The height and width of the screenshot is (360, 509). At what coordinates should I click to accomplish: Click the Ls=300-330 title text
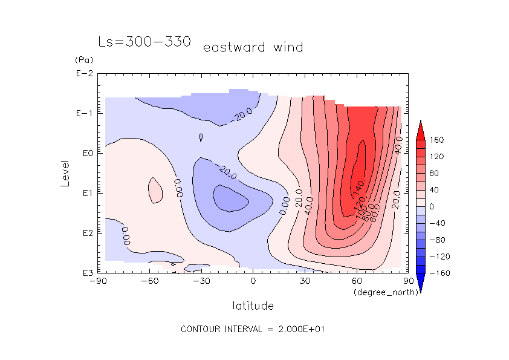click(x=144, y=42)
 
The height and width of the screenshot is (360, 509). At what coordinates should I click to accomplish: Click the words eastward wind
click(x=253, y=47)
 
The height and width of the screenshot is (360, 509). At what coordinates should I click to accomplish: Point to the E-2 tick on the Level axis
click(x=85, y=74)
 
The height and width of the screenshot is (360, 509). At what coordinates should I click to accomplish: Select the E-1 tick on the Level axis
click(x=85, y=114)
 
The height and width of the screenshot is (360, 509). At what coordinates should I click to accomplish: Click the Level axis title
click(x=66, y=173)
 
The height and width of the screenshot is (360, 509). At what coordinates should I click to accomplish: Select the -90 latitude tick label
click(x=97, y=281)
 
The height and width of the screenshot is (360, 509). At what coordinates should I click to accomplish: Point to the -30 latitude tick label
click(x=201, y=281)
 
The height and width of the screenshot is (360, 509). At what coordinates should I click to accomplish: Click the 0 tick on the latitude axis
click(x=253, y=281)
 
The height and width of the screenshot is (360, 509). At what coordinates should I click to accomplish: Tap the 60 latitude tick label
click(x=356, y=281)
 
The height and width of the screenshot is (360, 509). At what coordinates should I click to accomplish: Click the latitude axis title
click(x=253, y=306)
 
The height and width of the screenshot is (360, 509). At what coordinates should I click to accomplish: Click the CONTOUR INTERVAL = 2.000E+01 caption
click(x=254, y=329)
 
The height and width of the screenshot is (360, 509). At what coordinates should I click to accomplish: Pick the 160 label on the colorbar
click(x=436, y=140)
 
